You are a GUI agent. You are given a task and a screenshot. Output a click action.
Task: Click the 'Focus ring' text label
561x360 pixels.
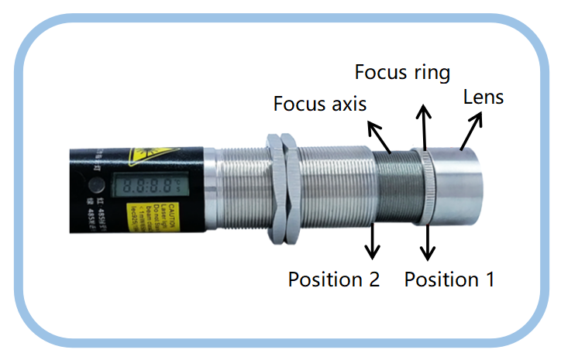point(401,73)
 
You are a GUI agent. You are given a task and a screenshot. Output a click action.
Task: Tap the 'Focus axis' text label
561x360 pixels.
point(318,104)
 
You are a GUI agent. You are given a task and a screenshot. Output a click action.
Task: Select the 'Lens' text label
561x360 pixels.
point(483,98)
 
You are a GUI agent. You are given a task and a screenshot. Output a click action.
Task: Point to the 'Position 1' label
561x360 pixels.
point(449,279)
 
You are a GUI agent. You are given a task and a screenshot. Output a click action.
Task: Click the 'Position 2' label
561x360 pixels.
point(333,279)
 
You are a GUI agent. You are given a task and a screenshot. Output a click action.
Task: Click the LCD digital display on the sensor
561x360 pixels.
point(143,187)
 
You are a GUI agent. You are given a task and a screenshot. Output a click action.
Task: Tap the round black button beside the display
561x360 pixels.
point(96,187)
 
